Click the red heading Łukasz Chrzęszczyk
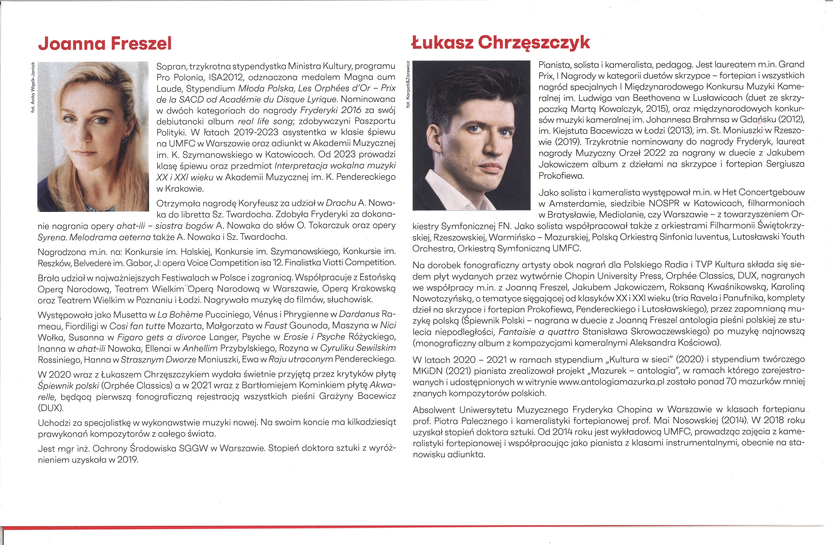pos(500,43)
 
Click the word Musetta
pos(130,315)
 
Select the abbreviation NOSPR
pos(664,203)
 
